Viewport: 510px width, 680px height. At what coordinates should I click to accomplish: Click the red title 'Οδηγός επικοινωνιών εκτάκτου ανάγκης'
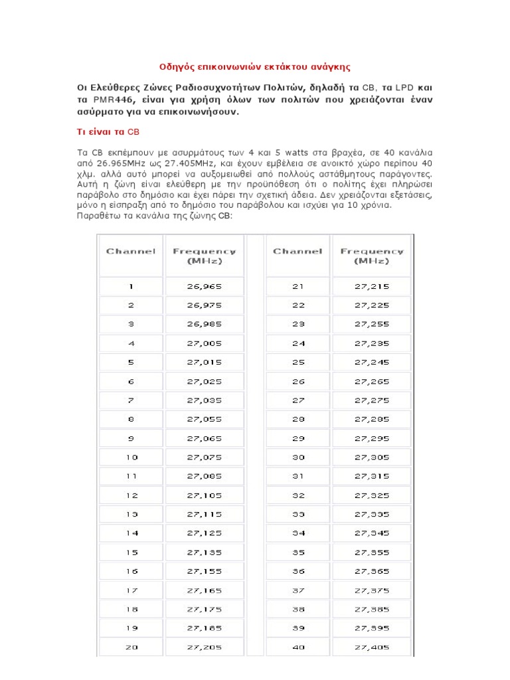(x=256, y=66)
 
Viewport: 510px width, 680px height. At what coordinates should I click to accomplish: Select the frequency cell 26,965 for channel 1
(x=204, y=287)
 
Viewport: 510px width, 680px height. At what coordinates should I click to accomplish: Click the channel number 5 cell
(x=131, y=363)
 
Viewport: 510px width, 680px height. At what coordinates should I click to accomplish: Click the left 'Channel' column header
(x=131, y=252)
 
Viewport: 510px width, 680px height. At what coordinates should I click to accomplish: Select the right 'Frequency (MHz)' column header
(x=372, y=256)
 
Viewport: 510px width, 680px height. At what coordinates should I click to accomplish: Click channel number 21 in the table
(x=297, y=287)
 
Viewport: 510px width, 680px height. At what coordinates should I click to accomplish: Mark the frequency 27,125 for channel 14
(x=204, y=532)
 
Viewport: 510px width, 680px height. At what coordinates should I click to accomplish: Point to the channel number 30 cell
(x=297, y=457)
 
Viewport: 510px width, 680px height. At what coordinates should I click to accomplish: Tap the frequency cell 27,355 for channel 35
(x=372, y=551)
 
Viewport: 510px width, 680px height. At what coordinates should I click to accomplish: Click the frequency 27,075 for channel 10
(x=204, y=457)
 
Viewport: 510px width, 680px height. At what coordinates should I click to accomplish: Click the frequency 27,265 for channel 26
(x=372, y=381)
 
